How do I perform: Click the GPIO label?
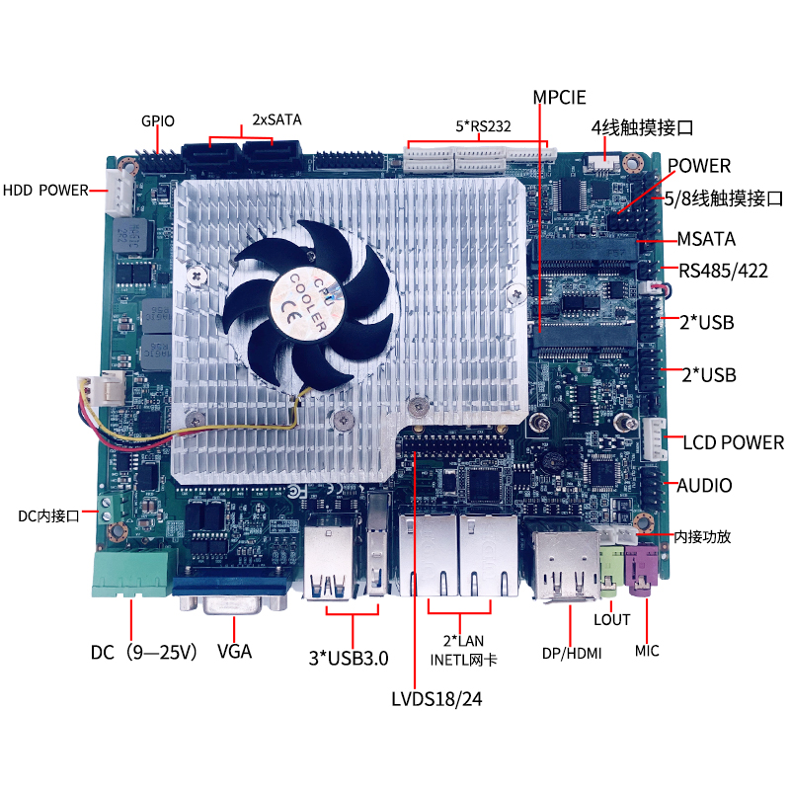coord(157,121)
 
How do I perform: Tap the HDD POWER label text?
coord(45,190)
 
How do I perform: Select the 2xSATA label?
coord(276,118)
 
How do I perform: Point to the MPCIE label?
coord(559,97)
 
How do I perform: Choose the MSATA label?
coord(706,239)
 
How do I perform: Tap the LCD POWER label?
coord(733,442)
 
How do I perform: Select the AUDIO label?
coord(704,485)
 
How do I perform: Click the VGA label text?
coord(234,652)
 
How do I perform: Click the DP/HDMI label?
coord(572,653)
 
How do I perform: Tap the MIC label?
coord(647,651)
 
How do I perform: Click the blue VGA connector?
coord(232,595)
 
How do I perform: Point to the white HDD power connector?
coord(119,190)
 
